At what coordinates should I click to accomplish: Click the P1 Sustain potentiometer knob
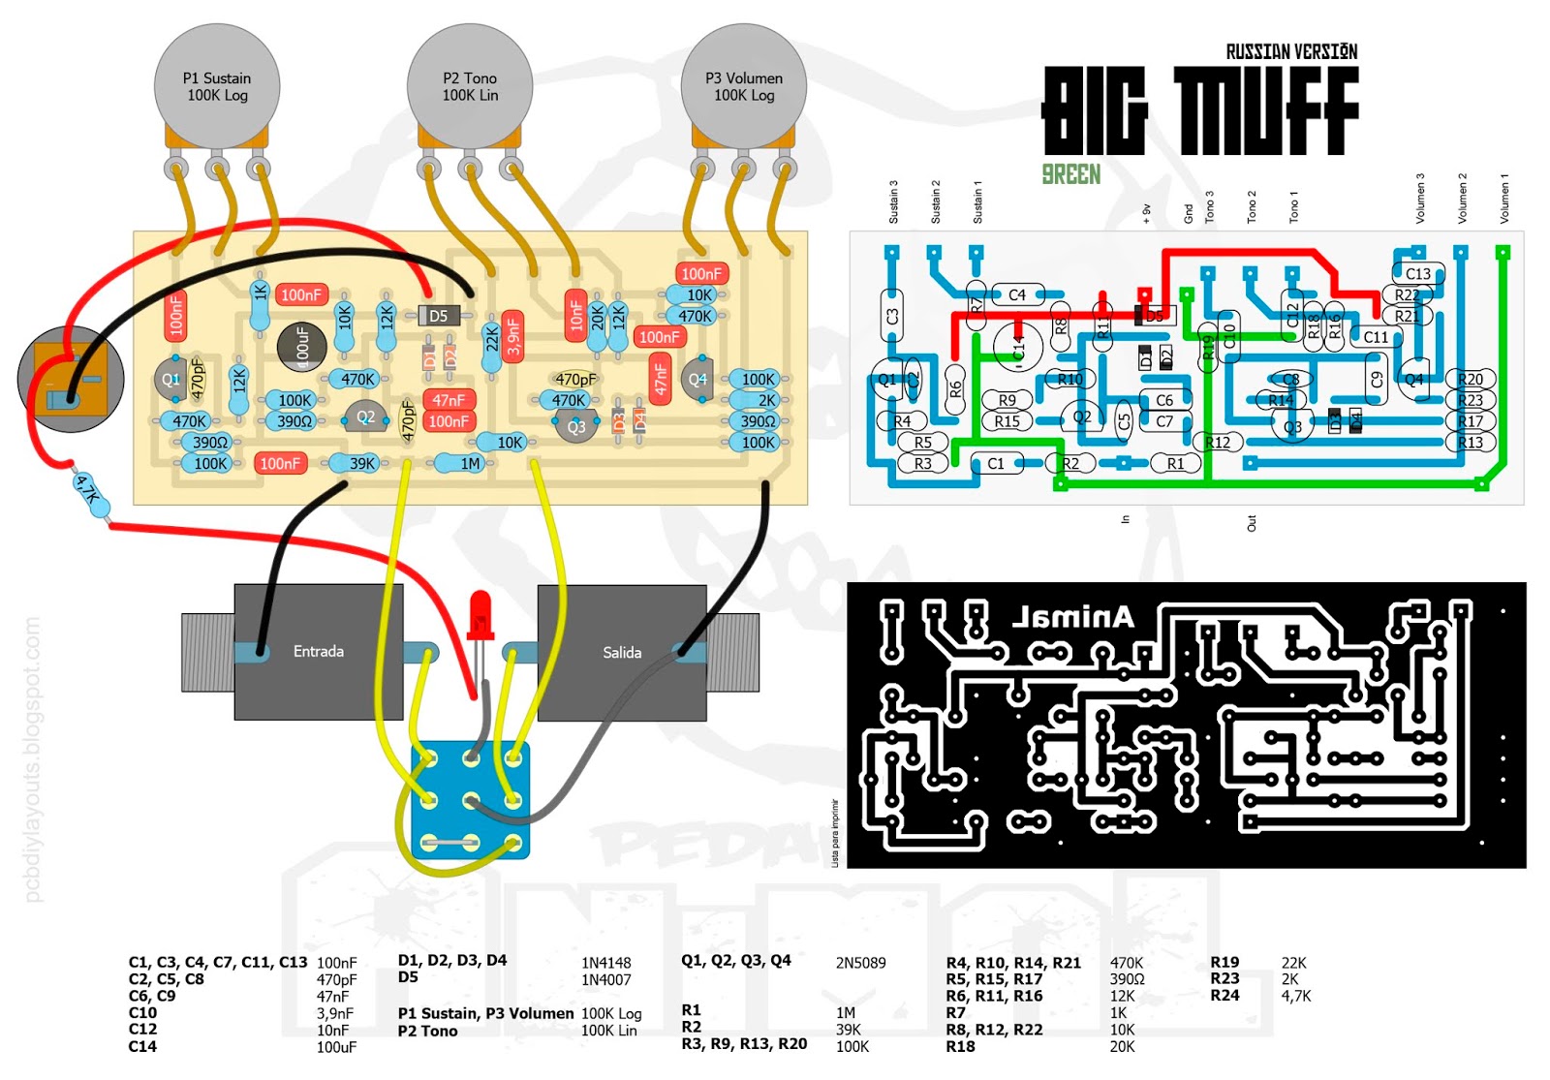coord(217,86)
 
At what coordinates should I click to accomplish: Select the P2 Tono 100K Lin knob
coord(470,86)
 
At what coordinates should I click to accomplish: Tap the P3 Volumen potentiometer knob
coord(744,86)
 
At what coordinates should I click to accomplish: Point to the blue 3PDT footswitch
coord(471,800)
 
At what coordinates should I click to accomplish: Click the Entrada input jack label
coord(318,652)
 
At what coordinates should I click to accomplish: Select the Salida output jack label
coord(621,653)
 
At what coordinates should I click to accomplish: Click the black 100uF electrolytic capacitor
coord(301,346)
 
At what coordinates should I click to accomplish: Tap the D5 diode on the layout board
coord(439,316)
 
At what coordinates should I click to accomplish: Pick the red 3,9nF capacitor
coord(513,335)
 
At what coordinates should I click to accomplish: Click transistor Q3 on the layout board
coord(576,426)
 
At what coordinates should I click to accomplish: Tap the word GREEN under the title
coord(1070,175)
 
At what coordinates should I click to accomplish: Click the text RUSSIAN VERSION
coord(1290,52)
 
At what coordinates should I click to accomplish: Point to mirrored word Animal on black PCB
coord(1072,617)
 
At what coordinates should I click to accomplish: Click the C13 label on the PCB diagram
coord(1417,274)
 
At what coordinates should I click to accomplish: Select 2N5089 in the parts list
coord(860,963)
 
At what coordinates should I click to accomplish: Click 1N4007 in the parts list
coord(605,980)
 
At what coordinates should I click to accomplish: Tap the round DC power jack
coord(71,379)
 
